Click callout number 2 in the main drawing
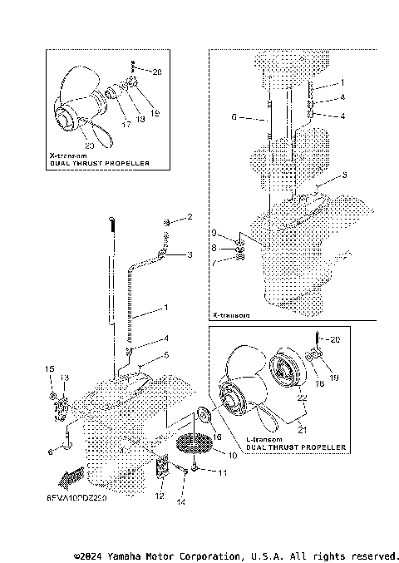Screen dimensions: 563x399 point(190,217)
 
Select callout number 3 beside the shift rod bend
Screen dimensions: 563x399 point(190,254)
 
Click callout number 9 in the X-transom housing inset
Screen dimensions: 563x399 point(213,232)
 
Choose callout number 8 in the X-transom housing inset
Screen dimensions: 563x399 point(213,247)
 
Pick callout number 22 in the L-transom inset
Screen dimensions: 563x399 point(303,398)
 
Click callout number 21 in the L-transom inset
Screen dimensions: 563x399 point(303,430)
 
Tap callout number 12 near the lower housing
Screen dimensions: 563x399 point(160,496)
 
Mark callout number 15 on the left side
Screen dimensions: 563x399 point(48,368)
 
